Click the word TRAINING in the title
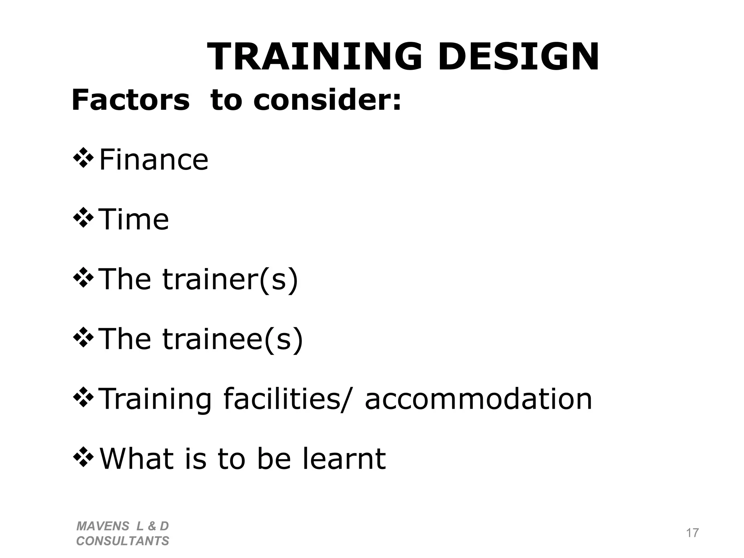pyautogui.click(x=315, y=57)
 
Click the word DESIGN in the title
pyautogui.click(x=518, y=57)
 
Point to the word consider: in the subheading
pyautogui.click(x=327, y=100)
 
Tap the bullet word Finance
pyautogui.click(x=154, y=160)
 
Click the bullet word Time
pyautogui.click(x=134, y=219)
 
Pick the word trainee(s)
pyautogui.click(x=232, y=339)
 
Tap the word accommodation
pyautogui.click(x=478, y=399)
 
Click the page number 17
pyautogui.click(x=692, y=533)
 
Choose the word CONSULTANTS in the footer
pyautogui.click(x=122, y=541)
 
